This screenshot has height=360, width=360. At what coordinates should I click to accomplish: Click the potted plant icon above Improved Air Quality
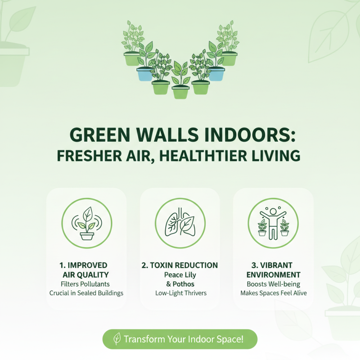(x=86, y=223)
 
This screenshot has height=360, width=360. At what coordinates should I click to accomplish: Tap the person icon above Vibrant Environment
(x=273, y=223)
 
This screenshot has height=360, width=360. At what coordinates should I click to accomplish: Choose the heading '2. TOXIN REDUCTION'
(x=180, y=265)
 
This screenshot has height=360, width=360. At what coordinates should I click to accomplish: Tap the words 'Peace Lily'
(x=180, y=274)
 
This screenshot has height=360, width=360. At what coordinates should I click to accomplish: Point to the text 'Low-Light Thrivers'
(x=180, y=293)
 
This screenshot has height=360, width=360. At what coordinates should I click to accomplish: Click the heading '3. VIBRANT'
(x=273, y=265)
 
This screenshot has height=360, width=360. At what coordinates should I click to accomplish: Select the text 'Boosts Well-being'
(x=273, y=284)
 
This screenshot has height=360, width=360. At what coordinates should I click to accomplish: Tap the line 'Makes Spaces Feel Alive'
(x=273, y=293)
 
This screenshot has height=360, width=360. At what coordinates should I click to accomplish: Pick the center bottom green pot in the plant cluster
(x=180, y=92)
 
